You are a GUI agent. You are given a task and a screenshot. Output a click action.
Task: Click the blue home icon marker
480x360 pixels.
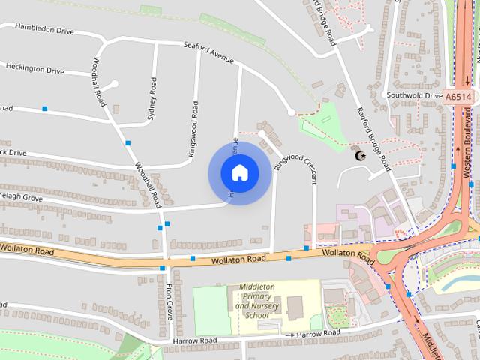point(239,173)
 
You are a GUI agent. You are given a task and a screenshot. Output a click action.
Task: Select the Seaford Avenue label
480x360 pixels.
point(208,52)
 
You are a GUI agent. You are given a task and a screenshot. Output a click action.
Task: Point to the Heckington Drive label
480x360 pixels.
point(35,69)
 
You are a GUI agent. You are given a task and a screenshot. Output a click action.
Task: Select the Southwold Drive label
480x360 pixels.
point(414,96)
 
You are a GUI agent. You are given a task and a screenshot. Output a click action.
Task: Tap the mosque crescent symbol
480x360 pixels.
point(359,156)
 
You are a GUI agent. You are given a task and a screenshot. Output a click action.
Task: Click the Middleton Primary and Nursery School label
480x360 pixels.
point(258,300)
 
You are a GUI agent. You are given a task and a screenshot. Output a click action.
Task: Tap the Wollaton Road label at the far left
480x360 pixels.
point(27,248)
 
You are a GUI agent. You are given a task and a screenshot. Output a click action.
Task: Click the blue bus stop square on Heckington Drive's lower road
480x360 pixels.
point(45,109)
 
